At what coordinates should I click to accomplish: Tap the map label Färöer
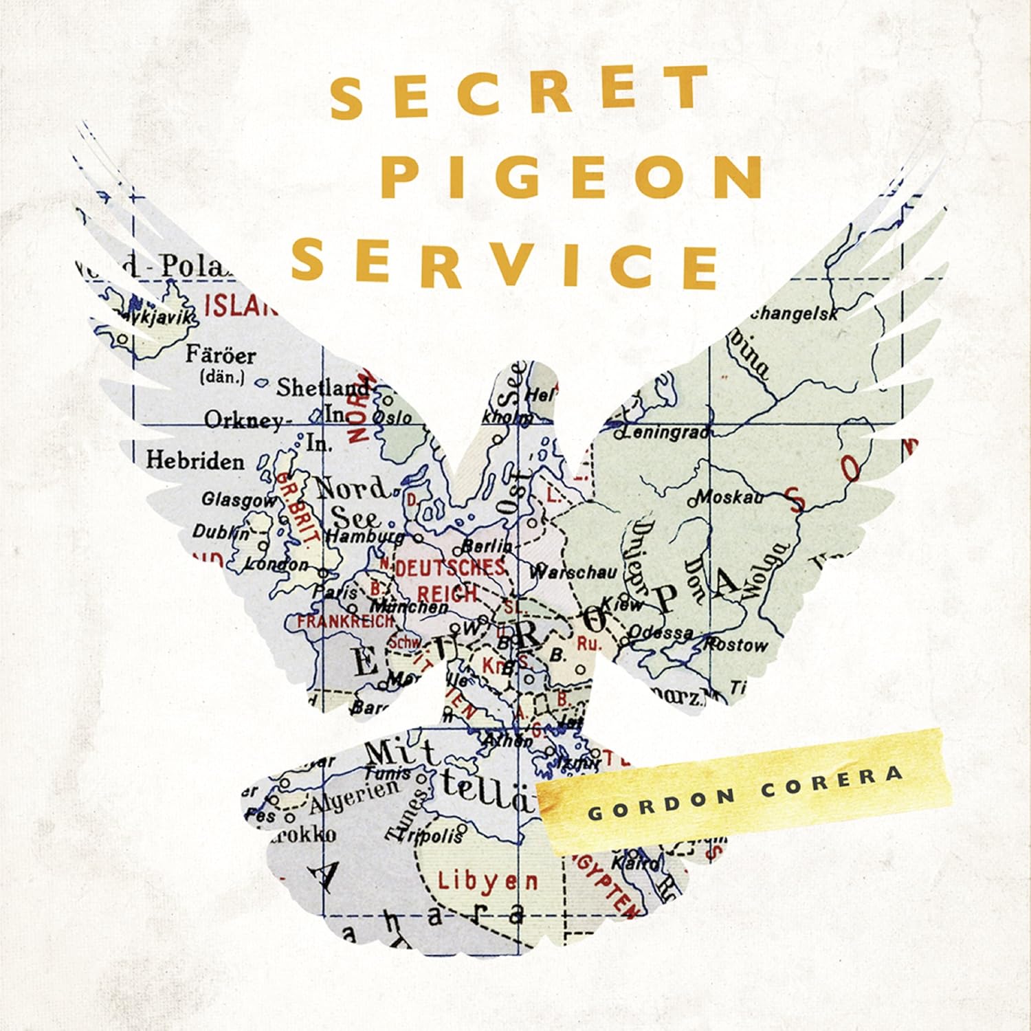220,355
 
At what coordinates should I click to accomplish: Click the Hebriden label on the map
195,460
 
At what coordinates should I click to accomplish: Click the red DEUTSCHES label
450,568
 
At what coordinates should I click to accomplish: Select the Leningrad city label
663,432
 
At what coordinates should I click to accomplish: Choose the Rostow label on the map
735,644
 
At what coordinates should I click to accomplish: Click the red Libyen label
488,880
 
